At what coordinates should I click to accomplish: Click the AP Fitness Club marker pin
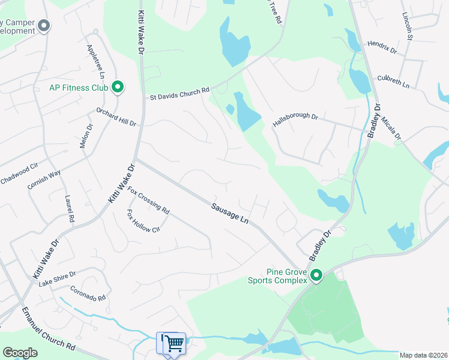pos(118,88)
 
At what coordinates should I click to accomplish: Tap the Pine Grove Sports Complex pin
pos(316,276)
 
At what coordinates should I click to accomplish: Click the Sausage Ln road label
pos(229,214)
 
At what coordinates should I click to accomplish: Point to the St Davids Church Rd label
pos(179,94)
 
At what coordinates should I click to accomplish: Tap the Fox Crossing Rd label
pos(149,201)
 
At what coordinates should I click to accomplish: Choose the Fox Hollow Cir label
pos(143,221)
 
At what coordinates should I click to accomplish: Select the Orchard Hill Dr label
pos(116,116)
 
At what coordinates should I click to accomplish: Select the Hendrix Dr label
pos(382,48)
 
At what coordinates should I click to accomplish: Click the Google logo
pos(20,353)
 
